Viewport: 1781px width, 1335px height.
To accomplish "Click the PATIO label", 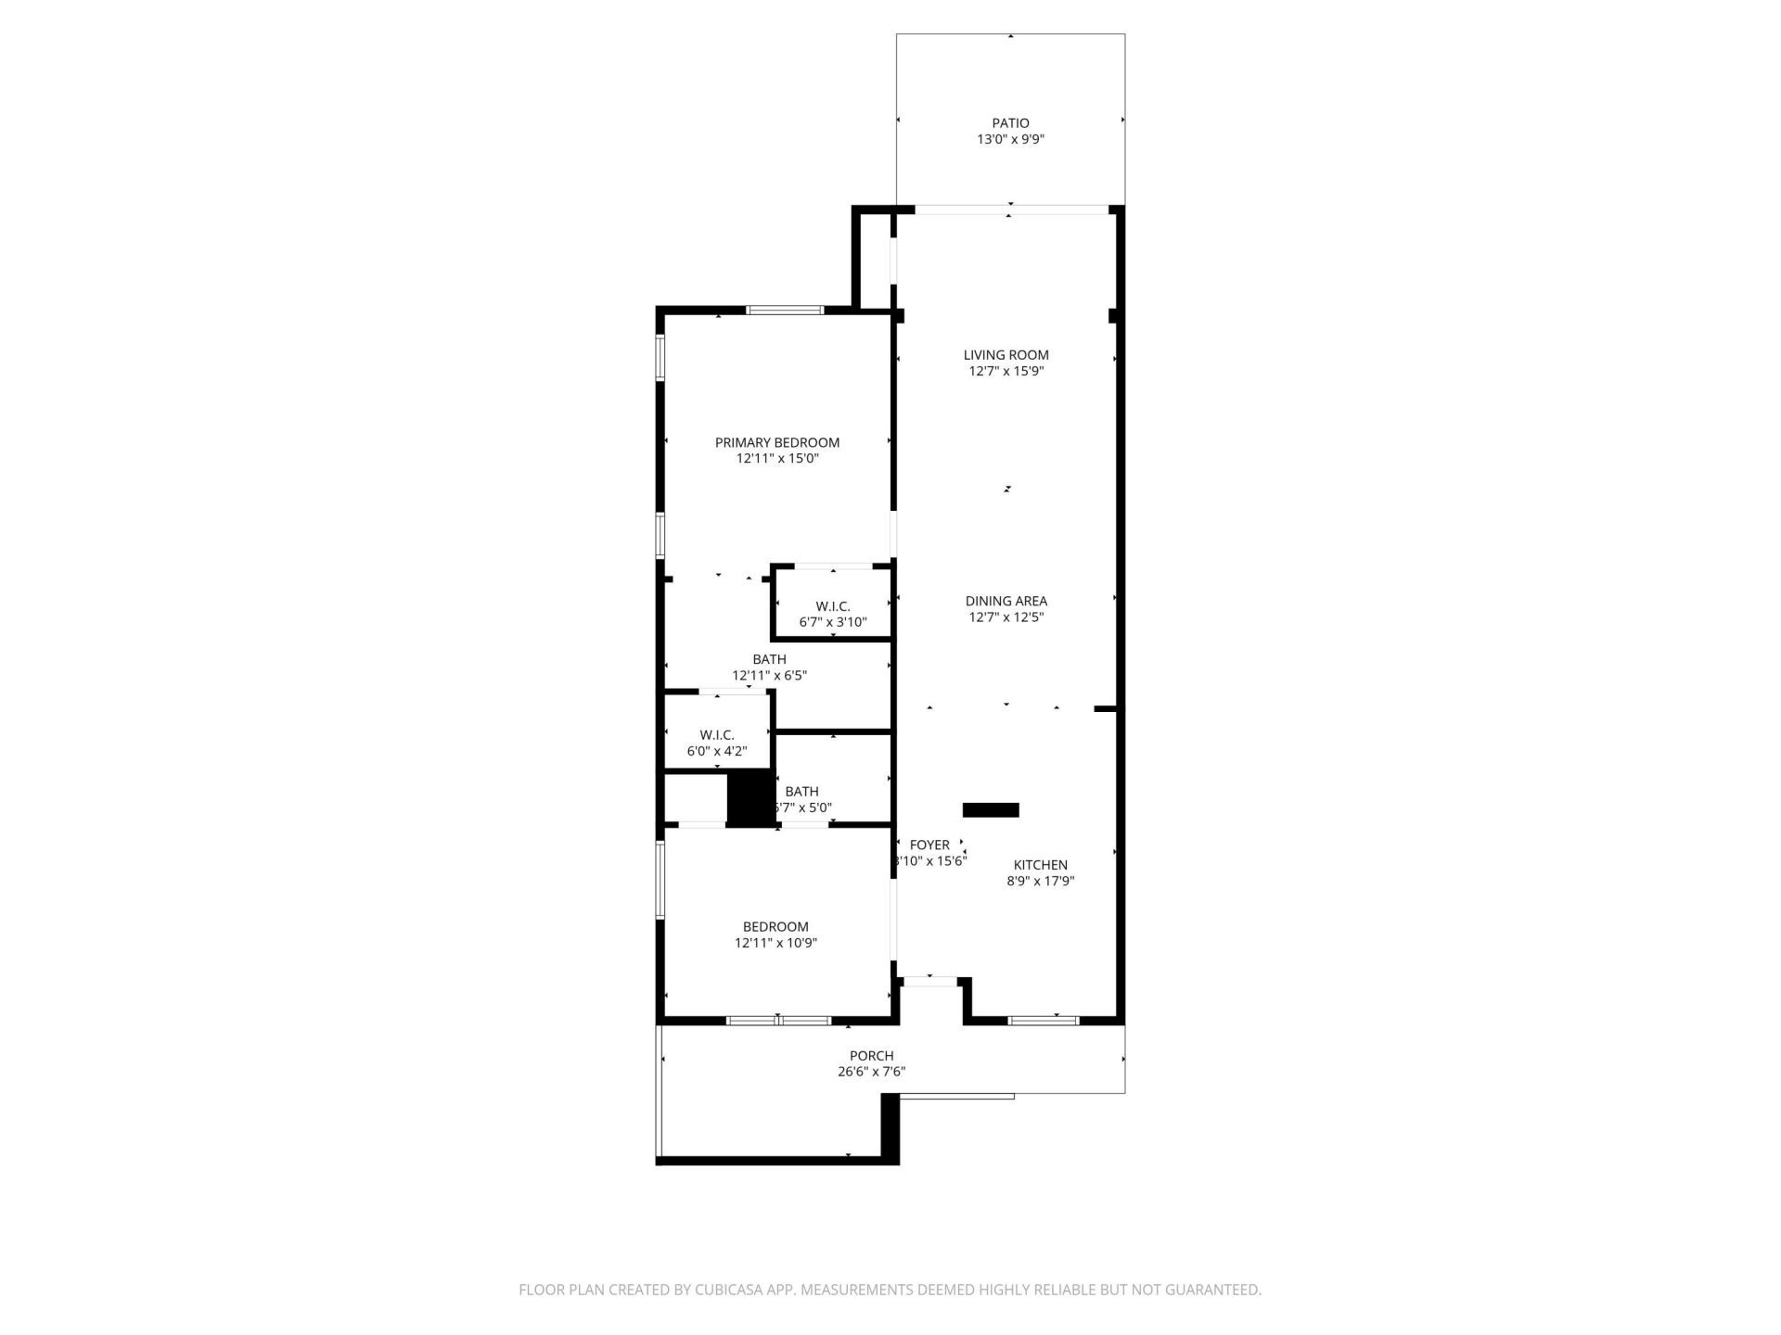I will (x=1010, y=122).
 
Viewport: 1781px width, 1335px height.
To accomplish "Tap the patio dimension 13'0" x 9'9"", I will (x=1010, y=139).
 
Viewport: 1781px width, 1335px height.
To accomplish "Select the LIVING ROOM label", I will (x=1006, y=354).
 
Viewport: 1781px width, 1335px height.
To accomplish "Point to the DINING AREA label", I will (x=1006, y=601).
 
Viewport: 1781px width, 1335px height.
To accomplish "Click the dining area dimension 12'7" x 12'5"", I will (x=1006, y=617).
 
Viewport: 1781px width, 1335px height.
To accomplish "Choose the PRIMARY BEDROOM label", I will (x=776, y=442).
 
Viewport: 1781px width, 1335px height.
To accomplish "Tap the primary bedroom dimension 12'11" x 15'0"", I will (x=776, y=459).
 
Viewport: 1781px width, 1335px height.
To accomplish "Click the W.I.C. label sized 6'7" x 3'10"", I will (x=832, y=606).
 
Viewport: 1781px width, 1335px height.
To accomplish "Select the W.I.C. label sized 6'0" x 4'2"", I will (x=716, y=735).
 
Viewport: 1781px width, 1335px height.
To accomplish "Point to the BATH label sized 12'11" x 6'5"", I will (x=769, y=659).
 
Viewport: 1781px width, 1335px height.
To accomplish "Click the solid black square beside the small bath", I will (x=750, y=797).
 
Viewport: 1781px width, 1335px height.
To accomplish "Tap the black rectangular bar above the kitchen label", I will (x=991, y=810).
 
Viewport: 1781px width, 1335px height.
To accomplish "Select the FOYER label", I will (x=929, y=845).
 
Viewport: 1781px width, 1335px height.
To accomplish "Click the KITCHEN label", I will (x=1040, y=865).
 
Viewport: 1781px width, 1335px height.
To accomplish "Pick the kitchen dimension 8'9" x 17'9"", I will (x=1040, y=882).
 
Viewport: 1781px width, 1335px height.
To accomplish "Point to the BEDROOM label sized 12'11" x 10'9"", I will (x=775, y=926).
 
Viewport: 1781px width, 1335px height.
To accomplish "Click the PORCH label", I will (x=871, y=1055).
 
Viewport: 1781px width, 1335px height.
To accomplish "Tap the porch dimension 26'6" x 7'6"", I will (x=871, y=1072).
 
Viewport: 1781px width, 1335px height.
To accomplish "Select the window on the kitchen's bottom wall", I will (x=1044, y=1021).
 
